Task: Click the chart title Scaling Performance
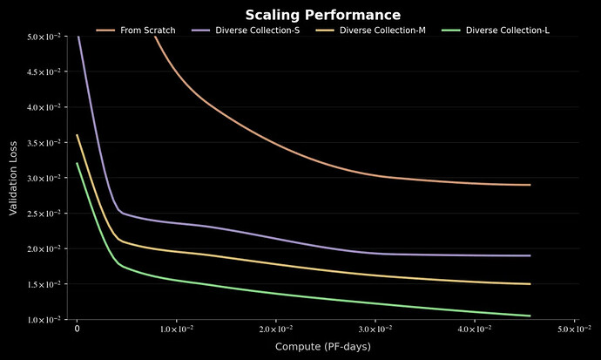323,15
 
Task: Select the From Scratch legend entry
136,31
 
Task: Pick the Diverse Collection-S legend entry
246,31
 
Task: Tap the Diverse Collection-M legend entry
371,31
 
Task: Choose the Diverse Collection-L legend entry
496,31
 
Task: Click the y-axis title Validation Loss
13,179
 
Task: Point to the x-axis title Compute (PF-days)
323,347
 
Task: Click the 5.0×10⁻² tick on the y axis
44,37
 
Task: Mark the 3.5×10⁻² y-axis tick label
44,143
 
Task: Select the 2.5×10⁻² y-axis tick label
44,214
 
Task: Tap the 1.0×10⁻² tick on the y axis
44,320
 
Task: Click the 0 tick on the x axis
77,329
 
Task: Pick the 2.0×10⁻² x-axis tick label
276,329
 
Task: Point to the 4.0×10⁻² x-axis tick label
475,329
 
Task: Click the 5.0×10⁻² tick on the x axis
574,329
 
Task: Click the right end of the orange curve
530,185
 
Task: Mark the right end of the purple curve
530,255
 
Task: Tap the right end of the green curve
530,316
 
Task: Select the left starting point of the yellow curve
77,135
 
